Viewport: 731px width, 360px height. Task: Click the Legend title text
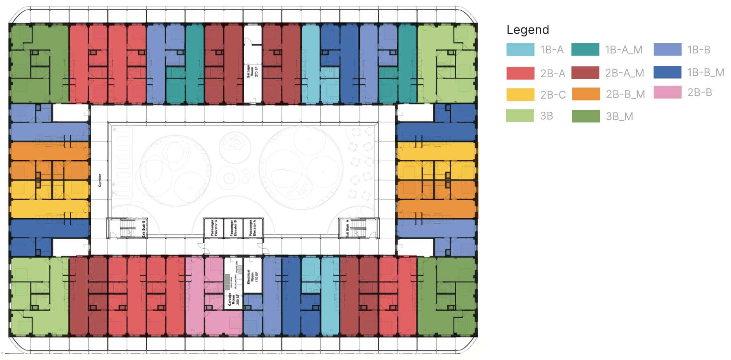(x=527, y=30)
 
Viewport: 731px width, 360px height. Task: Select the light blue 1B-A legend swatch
(x=520, y=50)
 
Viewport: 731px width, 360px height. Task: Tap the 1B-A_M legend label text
(x=623, y=50)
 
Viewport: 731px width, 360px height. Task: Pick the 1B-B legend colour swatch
(x=667, y=50)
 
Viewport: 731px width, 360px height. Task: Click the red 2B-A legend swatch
(x=520, y=73)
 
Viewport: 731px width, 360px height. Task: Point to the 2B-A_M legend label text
(x=624, y=73)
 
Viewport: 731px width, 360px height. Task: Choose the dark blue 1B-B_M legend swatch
(x=667, y=72)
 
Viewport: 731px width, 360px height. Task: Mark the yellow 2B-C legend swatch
(x=520, y=95)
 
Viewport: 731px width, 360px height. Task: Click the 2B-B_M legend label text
(x=625, y=94)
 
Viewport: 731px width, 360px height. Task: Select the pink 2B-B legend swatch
(x=667, y=92)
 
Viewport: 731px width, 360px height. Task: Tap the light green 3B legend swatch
(x=520, y=116)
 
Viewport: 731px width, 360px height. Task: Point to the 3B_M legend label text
(x=619, y=116)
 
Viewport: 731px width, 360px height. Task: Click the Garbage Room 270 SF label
(x=252, y=71)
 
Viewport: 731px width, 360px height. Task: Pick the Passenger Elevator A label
(x=252, y=228)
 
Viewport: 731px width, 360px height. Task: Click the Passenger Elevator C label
(x=214, y=228)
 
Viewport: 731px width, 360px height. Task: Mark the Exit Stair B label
(x=143, y=228)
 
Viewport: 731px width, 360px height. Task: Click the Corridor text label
(x=99, y=180)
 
